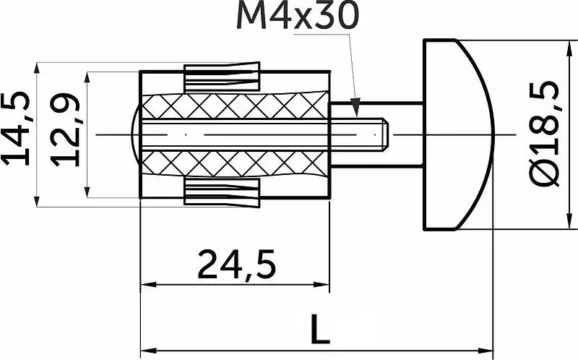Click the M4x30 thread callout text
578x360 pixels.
click(x=298, y=16)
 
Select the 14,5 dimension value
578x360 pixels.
click(x=16, y=129)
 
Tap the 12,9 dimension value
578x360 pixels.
click(x=65, y=130)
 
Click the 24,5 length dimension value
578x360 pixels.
click(x=237, y=265)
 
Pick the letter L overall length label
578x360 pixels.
click(x=319, y=329)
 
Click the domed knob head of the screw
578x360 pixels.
click(x=458, y=134)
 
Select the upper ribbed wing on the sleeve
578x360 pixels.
click(x=222, y=77)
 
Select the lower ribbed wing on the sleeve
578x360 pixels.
click(x=222, y=192)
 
